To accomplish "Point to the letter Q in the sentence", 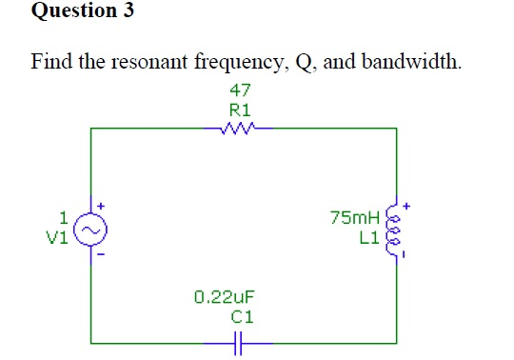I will click(x=306, y=65).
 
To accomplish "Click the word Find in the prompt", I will click(x=53, y=64).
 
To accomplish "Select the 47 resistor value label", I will click(x=240, y=90).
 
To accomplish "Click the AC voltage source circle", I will click(x=91, y=230).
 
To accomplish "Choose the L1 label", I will click(x=367, y=237).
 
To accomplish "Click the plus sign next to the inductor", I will click(x=406, y=204).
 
